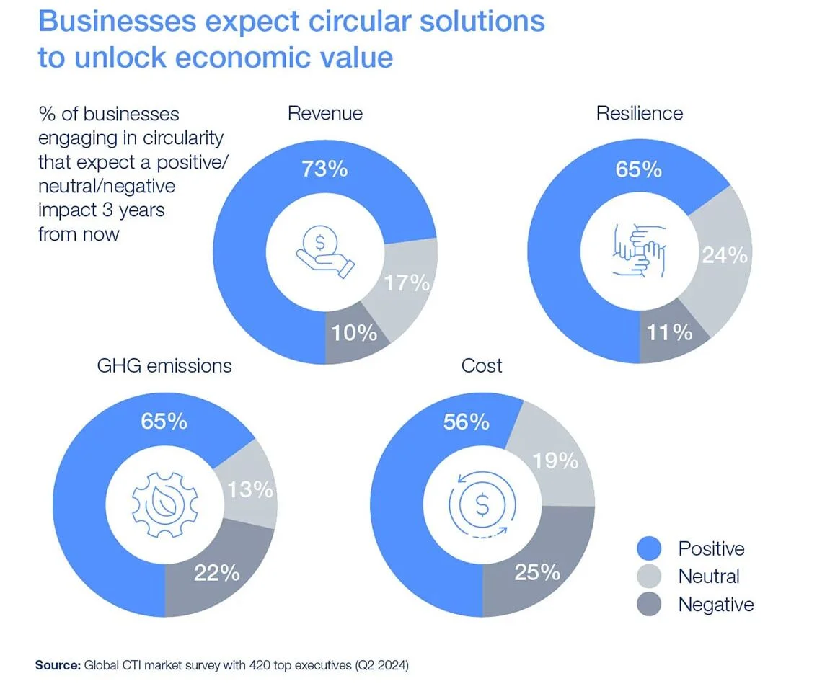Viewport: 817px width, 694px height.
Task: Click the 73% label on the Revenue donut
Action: coord(324,169)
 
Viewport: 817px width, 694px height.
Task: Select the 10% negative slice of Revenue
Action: coord(354,333)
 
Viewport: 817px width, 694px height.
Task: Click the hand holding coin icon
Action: coord(325,252)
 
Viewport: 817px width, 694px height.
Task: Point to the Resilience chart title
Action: coord(639,113)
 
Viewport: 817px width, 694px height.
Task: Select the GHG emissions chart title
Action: coord(164,365)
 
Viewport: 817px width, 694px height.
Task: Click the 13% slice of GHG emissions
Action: coord(250,489)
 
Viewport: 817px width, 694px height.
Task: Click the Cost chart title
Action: coord(482,365)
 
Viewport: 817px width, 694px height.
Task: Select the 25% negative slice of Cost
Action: coord(537,572)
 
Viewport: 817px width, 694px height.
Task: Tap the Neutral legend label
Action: coord(709,577)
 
